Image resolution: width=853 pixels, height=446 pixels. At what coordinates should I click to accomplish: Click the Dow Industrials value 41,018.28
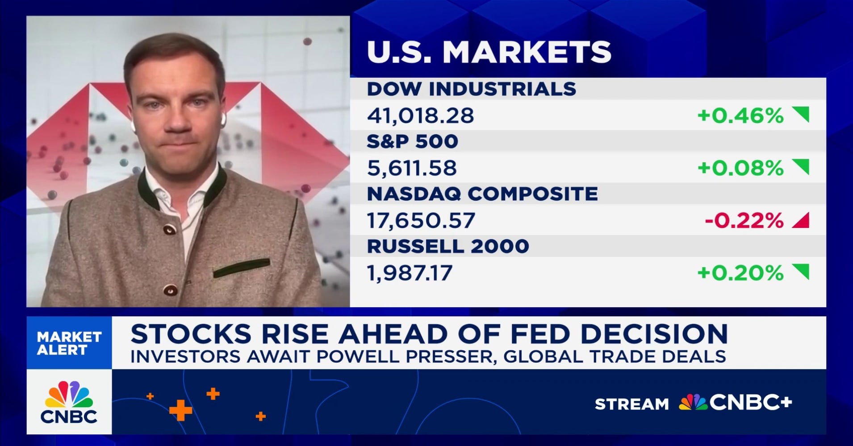pyautogui.click(x=420, y=116)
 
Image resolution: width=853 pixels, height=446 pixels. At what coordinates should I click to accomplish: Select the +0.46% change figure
pyautogui.click(x=740, y=116)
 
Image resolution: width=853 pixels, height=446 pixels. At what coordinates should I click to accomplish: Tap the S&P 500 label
pyautogui.click(x=412, y=141)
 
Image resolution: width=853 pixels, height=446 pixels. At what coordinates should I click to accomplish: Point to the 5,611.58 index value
pyautogui.click(x=411, y=168)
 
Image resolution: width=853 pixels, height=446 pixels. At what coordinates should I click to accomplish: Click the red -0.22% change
pyautogui.click(x=744, y=220)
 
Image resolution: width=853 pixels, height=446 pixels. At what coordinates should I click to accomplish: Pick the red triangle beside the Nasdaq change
pyautogui.click(x=801, y=220)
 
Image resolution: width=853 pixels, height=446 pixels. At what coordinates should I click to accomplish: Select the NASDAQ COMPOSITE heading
pyautogui.click(x=482, y=194)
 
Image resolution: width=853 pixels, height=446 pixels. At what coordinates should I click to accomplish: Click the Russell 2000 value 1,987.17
pyautogui.click(x=409, y=273)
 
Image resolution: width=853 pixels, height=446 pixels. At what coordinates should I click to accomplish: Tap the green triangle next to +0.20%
pyautogui.click(x=801, y=271)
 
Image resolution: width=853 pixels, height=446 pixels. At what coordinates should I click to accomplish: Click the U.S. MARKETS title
pyautogui.click(x=489, y=52)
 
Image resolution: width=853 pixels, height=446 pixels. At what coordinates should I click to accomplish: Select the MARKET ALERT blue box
pyautogui.click(x=69, y=343)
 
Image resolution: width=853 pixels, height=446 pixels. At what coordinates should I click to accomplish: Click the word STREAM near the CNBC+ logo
pyautogui.click(x=631, y=404)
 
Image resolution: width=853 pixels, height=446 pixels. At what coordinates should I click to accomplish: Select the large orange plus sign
pyautogui.click(x=180, y=410)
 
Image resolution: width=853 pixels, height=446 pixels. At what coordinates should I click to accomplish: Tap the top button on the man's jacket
pyautogui.click(x=169, y=229)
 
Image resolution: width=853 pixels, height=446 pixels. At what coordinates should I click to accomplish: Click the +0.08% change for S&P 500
pyautogui.click(x=740, y=168)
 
